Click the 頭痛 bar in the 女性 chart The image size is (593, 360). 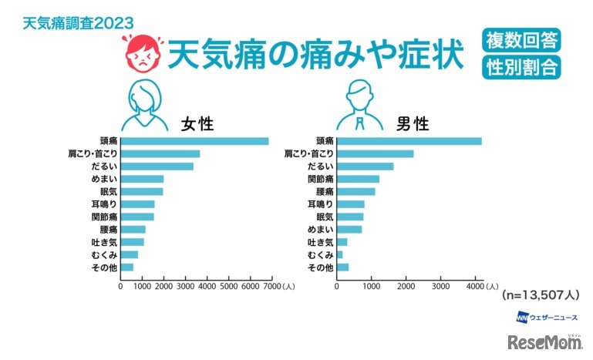pos(195,141)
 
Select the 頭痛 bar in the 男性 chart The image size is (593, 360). pos(409,141)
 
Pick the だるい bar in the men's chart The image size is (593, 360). pos(366,167)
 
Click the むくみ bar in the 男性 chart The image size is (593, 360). pos(340,254)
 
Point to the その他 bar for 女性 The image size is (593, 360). pos(127,267)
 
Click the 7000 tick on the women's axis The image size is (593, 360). pos(270,286)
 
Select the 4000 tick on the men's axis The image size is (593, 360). pos(475,286)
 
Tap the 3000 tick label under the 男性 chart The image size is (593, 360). pos(440,286)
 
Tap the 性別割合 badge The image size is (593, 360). pos(521,66)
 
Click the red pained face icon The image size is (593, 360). pos(144,53)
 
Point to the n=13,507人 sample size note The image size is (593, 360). pos(540,295)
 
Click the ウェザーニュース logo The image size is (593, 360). pos(546,318)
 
